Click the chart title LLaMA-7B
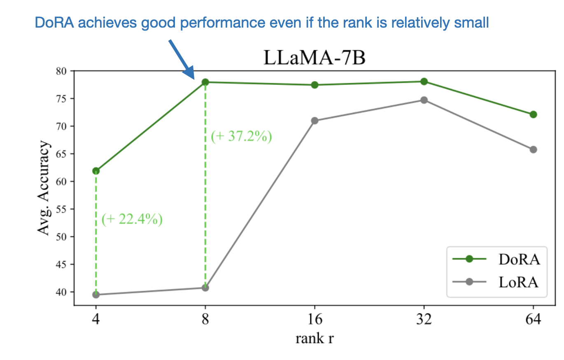(x=315, y=58)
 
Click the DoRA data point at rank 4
(x=96, y=171)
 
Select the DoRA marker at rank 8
(x=205, y=82)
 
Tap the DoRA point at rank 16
(x=315, y=85)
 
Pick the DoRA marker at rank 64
(x=533, y=115)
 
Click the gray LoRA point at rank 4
(x=96, y=295)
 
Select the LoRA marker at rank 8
(x=205, y=288)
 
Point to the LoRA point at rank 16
(x=315, y=121)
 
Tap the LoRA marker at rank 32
(x=424, y=100)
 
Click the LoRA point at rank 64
(x=533, y=150)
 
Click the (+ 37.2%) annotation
(x=241, y=136)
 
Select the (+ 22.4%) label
(x=132, y=219)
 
